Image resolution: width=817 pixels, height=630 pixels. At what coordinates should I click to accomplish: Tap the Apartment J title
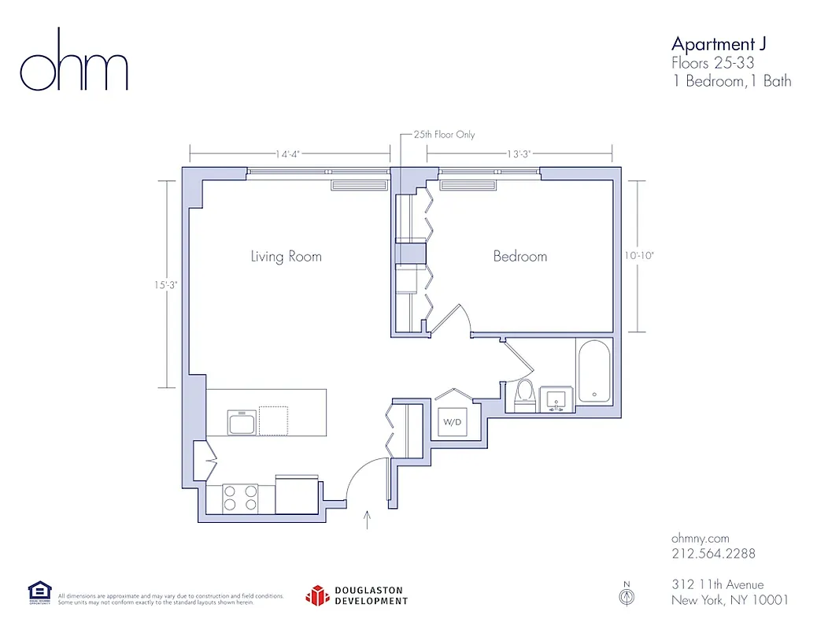(718, 43)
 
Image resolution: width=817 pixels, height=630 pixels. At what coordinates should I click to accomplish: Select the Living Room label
(286, 256)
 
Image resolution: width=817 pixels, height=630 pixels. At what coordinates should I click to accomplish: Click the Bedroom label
(519, 256)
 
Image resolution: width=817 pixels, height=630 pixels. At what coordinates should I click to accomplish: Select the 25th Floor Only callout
(445, 135)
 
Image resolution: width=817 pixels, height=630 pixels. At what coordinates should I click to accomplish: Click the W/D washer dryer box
(452, 421)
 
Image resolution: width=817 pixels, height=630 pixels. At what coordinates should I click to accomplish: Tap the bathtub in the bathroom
(594, 372)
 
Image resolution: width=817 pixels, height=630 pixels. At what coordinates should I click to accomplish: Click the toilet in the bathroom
(524, 393)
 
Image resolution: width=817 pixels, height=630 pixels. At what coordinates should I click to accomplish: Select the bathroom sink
(557, 399)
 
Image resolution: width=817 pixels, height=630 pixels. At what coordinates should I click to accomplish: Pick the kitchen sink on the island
(242, 422)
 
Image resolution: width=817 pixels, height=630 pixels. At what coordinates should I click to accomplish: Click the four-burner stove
(241, 498)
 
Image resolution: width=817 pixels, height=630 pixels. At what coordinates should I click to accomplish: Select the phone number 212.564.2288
(713, 554)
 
